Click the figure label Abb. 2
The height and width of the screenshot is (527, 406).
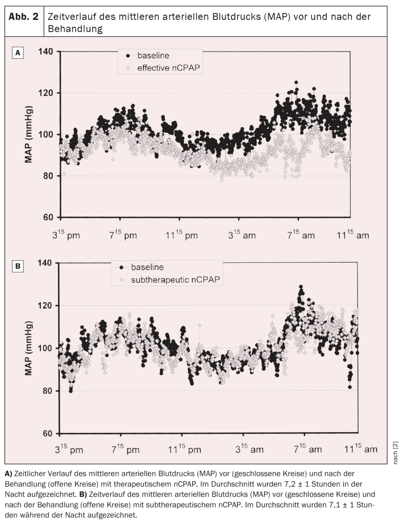pyautogui.click(x=23, y=16)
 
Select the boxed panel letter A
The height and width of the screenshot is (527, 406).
pyautogui.click(x=18, y=53)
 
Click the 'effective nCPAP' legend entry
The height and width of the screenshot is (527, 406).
pyautogui.click(x=168, y=68)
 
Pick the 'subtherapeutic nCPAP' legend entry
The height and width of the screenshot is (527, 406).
pyautogui.click(x=176, y=280)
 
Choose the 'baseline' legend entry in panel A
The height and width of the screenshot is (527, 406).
pyautogui.click(x=153, y=55)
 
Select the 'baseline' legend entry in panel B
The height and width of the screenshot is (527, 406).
pyautogui.click(x=147, y=267)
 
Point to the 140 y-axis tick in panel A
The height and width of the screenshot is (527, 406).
pyautogui.click(x=45, y=52)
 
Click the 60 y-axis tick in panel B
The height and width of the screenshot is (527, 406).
pyautogui.click(x=47, y=434)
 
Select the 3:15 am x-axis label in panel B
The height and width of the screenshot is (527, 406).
pyautogui.click(x=249, y=449)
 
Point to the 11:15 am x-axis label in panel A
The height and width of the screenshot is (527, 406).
pyautogui.click(x=352, y=235)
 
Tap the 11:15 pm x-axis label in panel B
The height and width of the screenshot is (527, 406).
pyautogui.click(x=184, y=449)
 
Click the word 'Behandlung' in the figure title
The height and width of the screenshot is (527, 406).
pyautogui.click(x=75, y=29)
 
